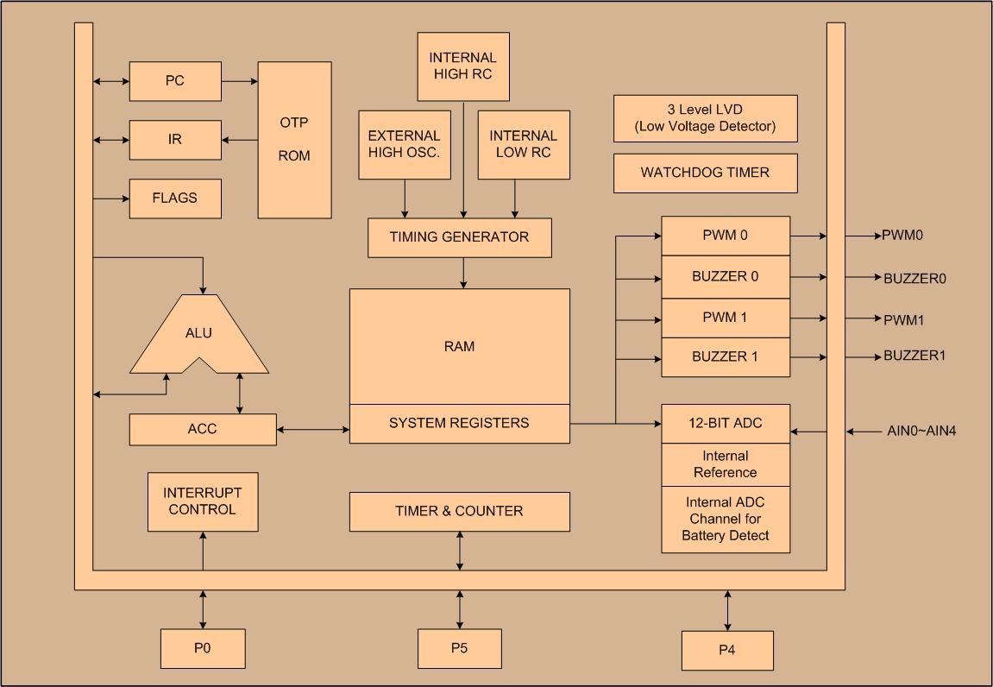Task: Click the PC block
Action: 175,81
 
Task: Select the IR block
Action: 175,140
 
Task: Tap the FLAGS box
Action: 175,199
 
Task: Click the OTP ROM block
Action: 294,140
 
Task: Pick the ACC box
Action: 203,429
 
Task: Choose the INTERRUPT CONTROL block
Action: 203,501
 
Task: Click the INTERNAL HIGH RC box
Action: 463,66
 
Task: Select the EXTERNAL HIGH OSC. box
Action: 404,144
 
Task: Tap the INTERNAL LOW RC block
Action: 524,144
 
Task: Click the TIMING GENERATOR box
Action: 459,237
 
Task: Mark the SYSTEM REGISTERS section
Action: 459,424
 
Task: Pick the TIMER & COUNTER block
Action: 459,512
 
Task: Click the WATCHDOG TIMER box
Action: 705,173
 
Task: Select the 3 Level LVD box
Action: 705,118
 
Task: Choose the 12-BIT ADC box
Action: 726,424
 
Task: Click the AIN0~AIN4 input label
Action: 921,431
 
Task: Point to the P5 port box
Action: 459,649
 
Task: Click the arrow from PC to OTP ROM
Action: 240,81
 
